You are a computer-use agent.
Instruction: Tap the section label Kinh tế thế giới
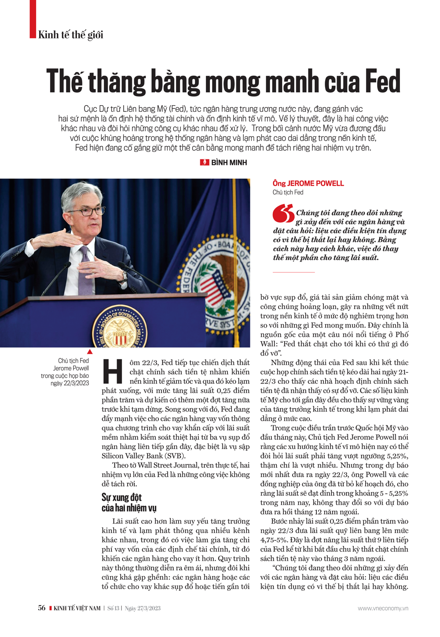point(70,35)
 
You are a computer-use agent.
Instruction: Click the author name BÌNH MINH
point(229,162)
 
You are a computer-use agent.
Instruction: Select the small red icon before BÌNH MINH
point(205,162)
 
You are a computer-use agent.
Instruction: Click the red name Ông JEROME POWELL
point(308,183)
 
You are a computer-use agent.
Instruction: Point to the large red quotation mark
point(283,214)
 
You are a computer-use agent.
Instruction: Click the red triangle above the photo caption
point(90,352)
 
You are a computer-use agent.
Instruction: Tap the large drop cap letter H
point(113,371)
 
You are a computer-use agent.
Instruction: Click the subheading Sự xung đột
point(121,497)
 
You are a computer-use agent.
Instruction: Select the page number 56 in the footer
point(42,608)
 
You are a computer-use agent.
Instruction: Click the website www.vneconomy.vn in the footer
point(383,608)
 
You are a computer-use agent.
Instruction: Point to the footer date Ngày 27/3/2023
point(143,608)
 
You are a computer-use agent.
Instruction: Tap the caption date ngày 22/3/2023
point(70,383)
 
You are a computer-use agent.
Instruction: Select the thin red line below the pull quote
point(293,272)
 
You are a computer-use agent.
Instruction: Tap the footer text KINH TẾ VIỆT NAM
point(77,608)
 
